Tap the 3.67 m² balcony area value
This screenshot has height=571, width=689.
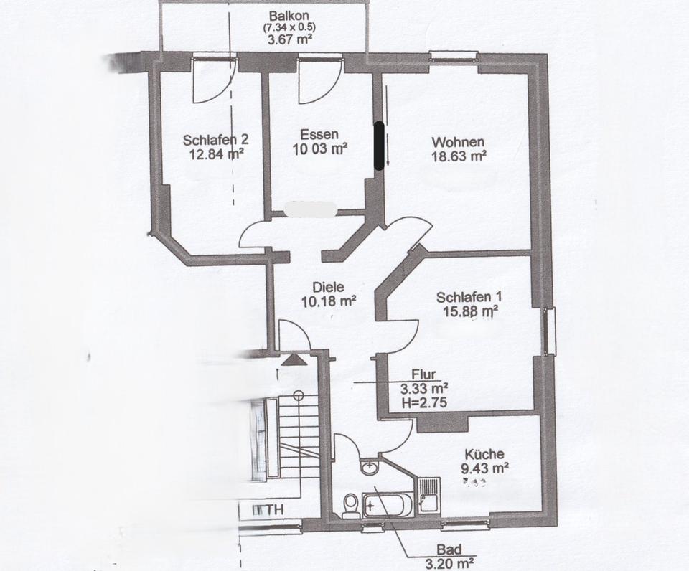coord(289,41)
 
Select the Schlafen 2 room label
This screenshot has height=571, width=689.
coord(215,140)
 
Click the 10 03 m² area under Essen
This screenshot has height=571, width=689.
coord(320,148)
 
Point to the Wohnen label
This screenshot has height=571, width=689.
coord(458,141)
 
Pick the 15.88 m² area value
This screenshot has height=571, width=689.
coord(470,311)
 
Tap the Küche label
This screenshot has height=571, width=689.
coord(484,454)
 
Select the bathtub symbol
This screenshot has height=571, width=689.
coord(388,505)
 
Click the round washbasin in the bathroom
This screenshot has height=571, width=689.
coord(370,468)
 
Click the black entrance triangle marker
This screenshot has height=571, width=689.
coord(293,359)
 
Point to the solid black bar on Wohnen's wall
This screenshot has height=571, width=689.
coord(378,145)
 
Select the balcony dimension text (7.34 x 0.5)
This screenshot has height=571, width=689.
coord(289,28)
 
